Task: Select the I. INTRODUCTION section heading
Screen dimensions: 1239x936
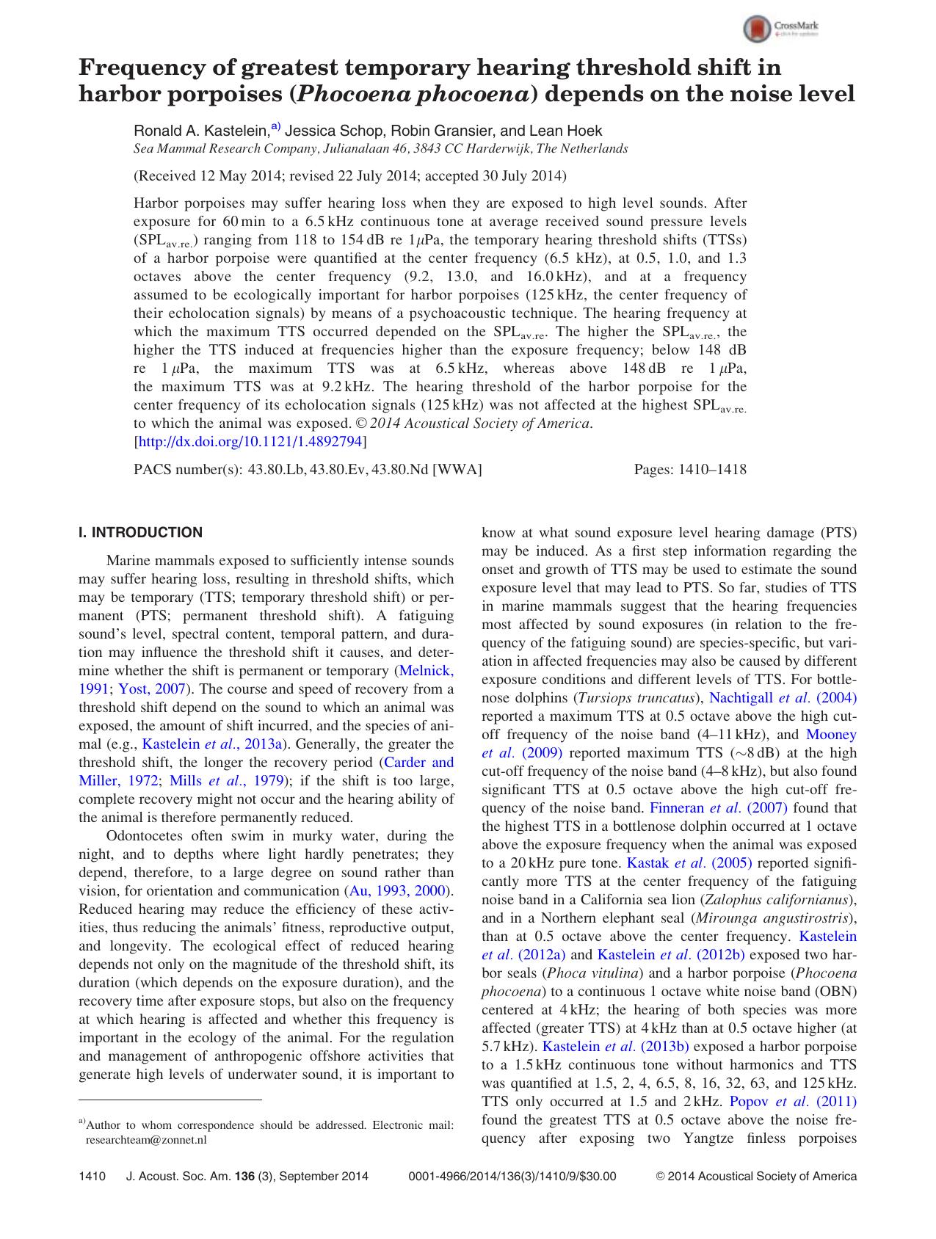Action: click(140, 533)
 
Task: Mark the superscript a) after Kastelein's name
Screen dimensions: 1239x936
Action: click(276, 127)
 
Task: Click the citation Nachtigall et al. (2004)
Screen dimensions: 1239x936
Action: click(783, 698)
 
